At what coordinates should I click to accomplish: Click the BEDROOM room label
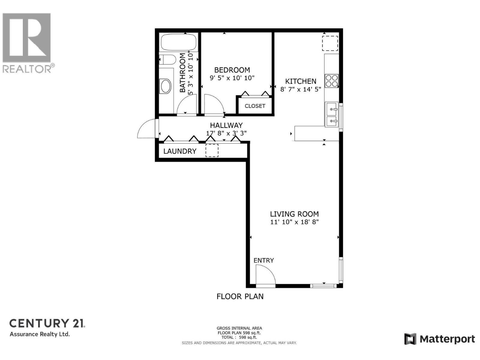click(232, 70)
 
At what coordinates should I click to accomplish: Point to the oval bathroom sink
click(166, 86)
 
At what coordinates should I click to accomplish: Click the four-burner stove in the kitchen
click(331, 81)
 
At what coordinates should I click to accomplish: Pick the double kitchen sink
click(331, 115)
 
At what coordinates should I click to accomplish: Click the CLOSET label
click(255, 106)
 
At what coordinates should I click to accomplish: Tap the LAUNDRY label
click(180, 151)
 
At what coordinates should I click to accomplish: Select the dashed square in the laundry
click(212, 151)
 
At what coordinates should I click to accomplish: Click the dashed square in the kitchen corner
click(330, 43)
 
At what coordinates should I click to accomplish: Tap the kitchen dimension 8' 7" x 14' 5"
click(301, 89)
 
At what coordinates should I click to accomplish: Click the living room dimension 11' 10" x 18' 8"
click(294, 222)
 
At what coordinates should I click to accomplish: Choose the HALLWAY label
click(226, 125)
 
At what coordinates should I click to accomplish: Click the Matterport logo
click(439, 339)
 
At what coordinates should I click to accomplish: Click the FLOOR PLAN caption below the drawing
click(240, 296)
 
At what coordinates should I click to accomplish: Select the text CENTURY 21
click(47, 323)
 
